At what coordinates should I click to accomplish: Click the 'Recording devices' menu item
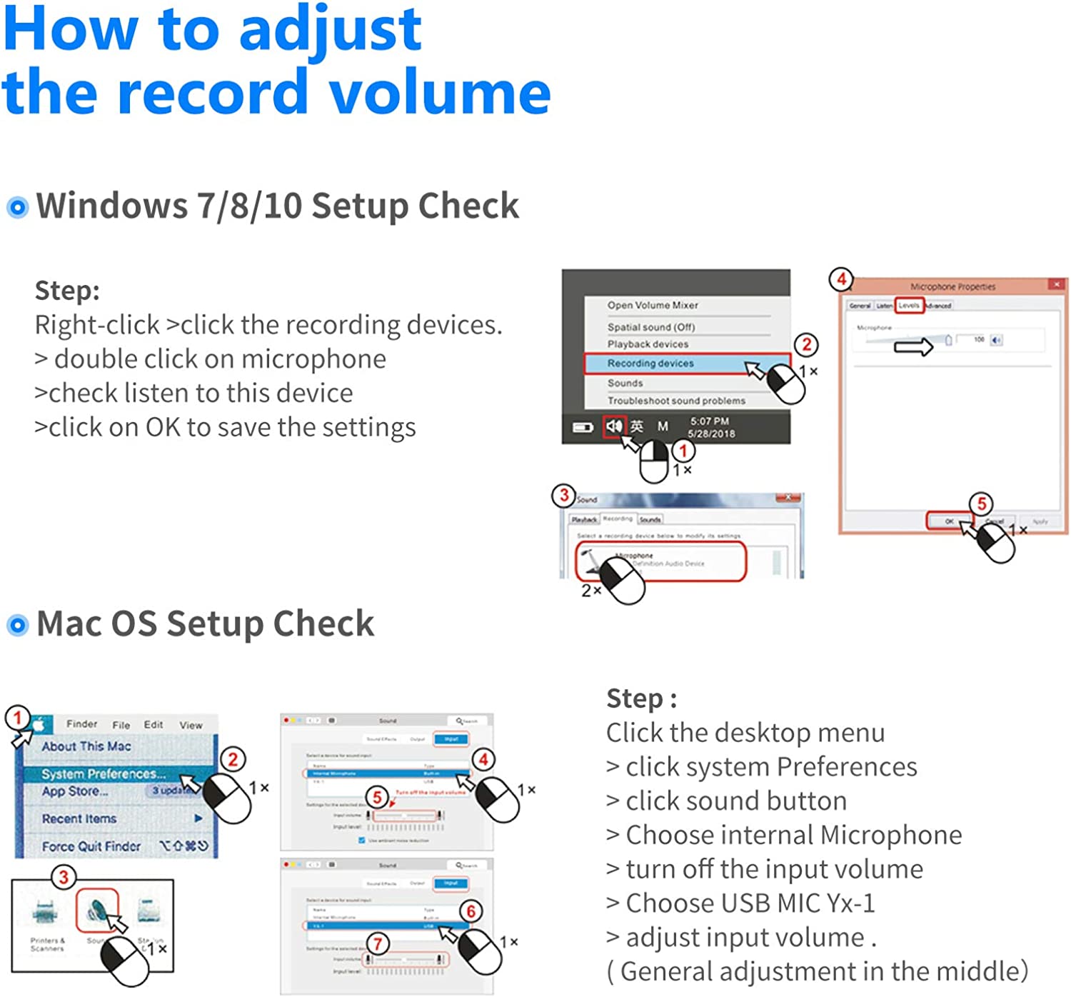pos(650,364)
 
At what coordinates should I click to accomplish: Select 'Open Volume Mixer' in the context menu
pos(653,305)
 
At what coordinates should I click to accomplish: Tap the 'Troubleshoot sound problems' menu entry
pos(676,401)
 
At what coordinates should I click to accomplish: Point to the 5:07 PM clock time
pos(709,421)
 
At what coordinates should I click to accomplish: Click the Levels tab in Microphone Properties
pos(909,306)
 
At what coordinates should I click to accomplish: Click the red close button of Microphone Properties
pos(1057,285)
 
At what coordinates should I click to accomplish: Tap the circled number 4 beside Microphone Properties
pos(841,279)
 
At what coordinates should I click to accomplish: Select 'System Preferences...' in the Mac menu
pos(104,774)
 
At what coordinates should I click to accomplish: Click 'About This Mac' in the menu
pos(86,746)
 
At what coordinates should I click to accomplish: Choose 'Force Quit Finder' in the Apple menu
pos(91,846)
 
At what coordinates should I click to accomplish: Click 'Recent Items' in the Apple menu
pos(79,819)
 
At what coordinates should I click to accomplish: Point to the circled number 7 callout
pos(378,943)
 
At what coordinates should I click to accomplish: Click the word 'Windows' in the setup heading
pos(111,206)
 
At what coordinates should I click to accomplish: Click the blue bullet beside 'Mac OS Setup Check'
pos(17,626)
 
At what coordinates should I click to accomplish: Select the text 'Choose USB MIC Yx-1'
pos(750,903)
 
